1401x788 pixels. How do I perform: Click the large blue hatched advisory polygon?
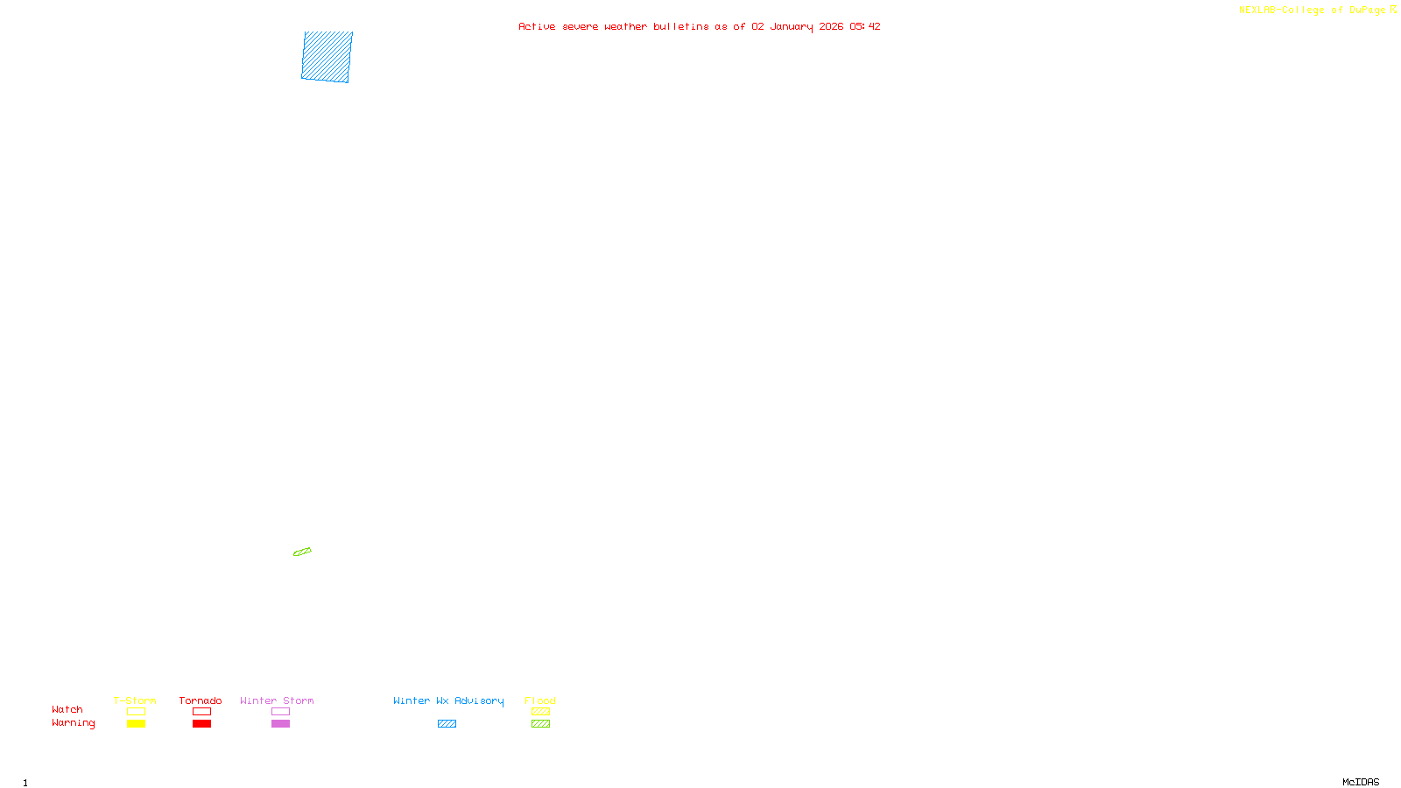coord(327,57)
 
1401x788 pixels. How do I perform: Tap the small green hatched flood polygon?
coord(302,552)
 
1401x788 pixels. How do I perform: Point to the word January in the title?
coord(791,27)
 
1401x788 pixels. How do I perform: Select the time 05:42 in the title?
coord(864,27)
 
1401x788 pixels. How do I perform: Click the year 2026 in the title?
coord(831,27)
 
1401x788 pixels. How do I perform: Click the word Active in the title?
coord(536,27)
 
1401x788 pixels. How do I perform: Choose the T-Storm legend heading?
coord(135,700)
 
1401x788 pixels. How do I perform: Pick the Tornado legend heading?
coord(201,700)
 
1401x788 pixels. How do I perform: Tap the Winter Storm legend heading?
coord(277,700)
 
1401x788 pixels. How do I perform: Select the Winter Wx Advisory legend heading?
coord(448,700)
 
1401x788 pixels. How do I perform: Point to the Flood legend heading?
coord(540,700)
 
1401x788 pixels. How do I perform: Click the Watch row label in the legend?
coord(67,710)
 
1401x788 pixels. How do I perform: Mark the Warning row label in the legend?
coord(73,723)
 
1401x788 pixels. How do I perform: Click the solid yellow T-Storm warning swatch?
coord(136,724)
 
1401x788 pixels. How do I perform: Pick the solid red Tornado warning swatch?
coord(202,724)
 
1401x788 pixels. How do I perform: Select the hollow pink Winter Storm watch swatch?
coord(280,712)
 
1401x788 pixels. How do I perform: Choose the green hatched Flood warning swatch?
coord(540,724)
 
